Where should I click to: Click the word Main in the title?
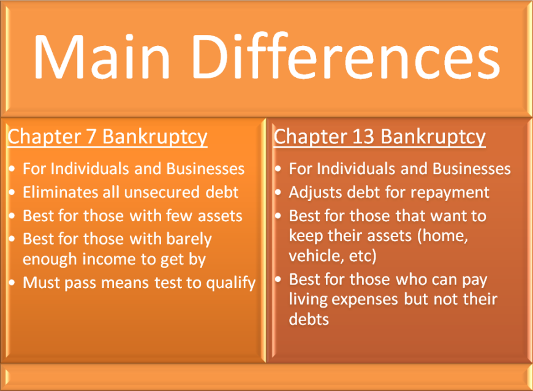[102, 56]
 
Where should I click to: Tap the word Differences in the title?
[346, 56]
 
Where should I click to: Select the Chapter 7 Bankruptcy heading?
[107, 137]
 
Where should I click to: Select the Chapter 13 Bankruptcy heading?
[380, 137]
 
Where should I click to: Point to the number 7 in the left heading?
[91, 136]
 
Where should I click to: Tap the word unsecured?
[162, 192]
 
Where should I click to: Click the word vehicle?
[312, 256]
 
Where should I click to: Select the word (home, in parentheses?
[442, 235]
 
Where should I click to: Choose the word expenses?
[365, 300]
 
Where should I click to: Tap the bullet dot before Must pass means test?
[12, 283]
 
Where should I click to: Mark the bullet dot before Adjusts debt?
[278, 192]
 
